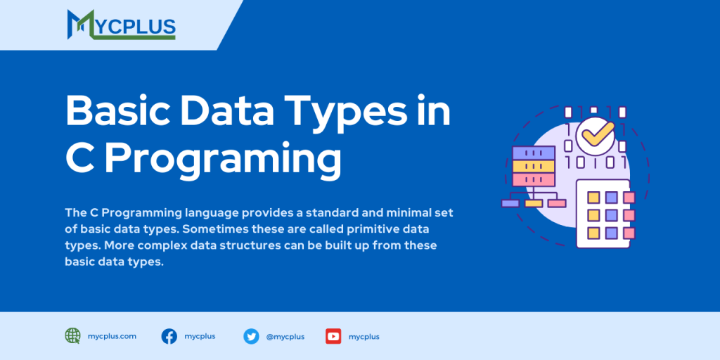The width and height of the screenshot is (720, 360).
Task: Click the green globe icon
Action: coord(72,336)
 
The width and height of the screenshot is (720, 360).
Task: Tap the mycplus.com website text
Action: coord(112,336)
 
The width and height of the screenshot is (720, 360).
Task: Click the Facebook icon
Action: coord(169,336)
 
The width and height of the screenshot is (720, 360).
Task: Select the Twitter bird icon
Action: coord(251,336)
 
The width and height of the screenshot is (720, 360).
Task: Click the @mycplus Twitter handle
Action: coord(285,337)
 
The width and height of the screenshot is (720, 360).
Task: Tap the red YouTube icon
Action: coord(333,336)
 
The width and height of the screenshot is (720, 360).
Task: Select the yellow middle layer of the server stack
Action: coord(532,166)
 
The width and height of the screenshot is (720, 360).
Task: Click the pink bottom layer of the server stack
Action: coord(532,180)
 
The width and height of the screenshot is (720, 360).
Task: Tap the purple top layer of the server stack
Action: coord(532,152)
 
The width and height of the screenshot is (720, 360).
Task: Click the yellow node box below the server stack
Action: coord(533,203)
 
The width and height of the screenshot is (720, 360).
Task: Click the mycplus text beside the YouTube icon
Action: coord(364,337)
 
